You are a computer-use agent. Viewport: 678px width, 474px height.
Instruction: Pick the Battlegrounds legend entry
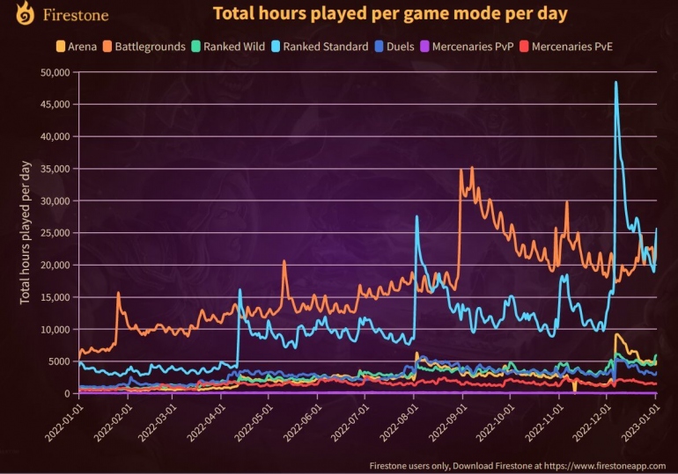152,46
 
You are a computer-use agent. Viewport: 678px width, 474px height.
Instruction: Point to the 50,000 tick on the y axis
55,73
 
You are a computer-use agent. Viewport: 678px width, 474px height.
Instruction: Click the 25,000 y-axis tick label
55,233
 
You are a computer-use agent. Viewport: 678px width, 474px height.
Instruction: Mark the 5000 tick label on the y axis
58,361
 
